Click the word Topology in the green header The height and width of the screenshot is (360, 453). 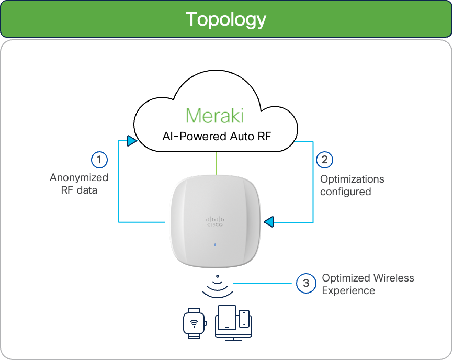click(226, 20)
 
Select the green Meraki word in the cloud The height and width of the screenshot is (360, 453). click(215, 116)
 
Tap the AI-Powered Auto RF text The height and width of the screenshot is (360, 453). click(217, 137)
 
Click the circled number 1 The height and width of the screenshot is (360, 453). click(99, 160)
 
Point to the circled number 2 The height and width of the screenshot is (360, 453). click(324, 160)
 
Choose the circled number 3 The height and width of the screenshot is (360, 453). click(306, 284)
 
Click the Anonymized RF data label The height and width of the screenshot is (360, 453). click(79, 184)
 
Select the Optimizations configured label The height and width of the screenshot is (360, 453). click(352, 185)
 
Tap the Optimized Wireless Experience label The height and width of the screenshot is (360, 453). click(368, 284)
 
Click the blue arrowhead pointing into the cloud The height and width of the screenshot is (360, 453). click(132, 141)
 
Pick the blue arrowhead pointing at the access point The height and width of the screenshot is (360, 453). click(269, 222)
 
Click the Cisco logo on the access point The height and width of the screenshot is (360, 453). click(215, 221)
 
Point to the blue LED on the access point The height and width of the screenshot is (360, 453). click(215, 245)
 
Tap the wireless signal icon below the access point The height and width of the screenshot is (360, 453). click(218, 286)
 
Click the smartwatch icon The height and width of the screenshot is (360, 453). click(195, 323)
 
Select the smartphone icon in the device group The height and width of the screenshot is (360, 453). click(244, 319)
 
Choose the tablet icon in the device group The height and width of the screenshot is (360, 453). click(227, 318)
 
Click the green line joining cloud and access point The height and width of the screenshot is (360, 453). click(216, 163)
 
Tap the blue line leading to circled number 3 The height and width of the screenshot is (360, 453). click(263, 284)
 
